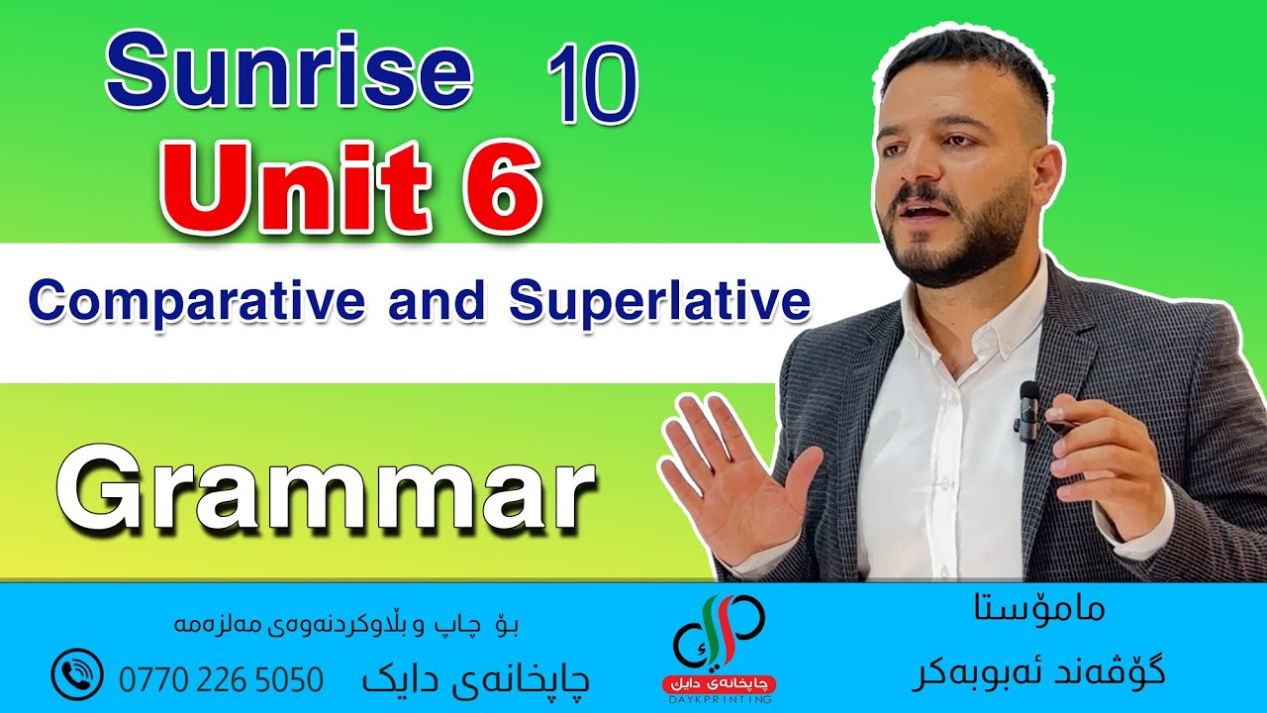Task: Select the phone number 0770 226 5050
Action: pyautogui.click(x=221, y=679)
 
